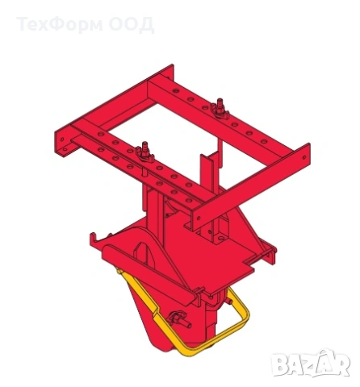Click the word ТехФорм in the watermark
(60, 24)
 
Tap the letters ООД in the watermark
(132, 25)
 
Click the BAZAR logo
(311, 363)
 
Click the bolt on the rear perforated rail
(220, 108)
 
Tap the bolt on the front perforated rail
(145, 152)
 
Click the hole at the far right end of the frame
(304, 157)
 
